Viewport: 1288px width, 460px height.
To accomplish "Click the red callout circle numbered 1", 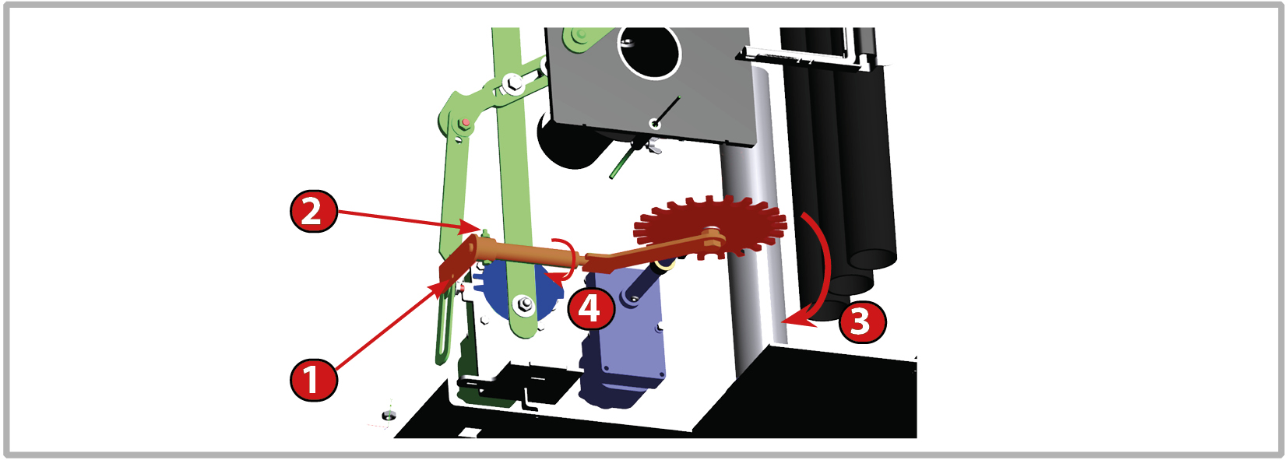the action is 313,380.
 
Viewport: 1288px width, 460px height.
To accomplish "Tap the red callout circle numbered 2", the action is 313,211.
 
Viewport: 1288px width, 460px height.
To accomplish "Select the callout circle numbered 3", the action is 862,322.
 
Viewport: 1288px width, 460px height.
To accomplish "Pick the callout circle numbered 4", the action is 591,309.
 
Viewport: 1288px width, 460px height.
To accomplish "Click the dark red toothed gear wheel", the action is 710,229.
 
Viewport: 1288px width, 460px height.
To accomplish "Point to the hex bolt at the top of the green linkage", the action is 511,84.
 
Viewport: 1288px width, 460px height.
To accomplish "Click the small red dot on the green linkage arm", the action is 466,122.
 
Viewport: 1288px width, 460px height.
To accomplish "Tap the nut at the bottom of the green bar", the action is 523,304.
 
